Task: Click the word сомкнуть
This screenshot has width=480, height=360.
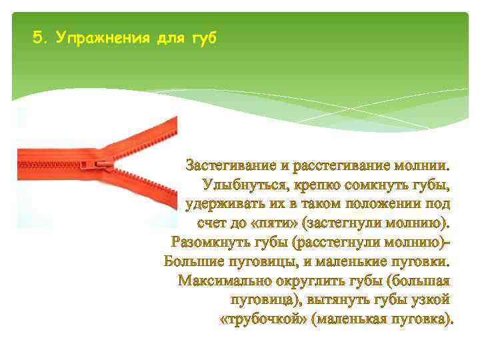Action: tap(384, 183)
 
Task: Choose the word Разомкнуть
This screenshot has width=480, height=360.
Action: tap(211, 241)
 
